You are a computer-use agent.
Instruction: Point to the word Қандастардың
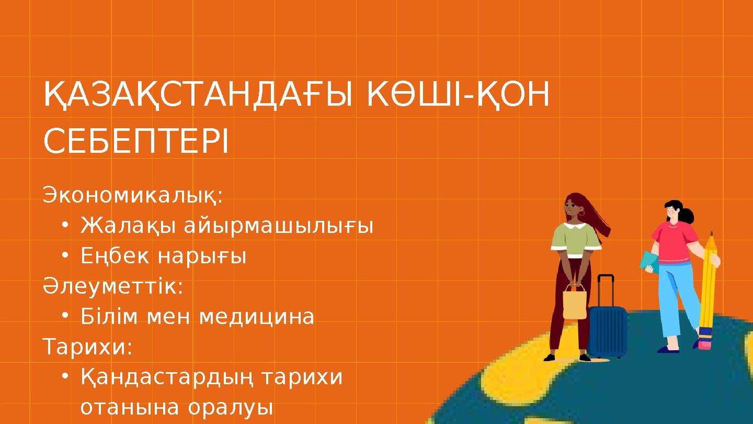(x=167, y=377)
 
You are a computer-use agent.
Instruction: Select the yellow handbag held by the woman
(x=575, y=305)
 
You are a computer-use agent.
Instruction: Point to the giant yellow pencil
(x=709, y=283)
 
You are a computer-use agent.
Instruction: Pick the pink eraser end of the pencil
(x=705, y=342)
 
